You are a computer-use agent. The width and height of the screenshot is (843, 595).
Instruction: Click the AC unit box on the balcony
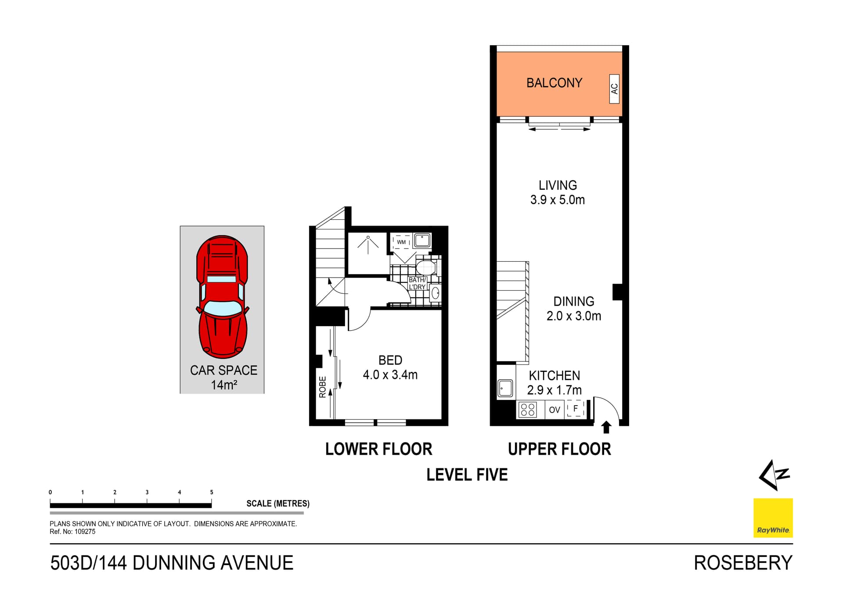click(x=614, y=89)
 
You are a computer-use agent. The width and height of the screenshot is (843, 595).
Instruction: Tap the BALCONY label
click(x=554, y=83)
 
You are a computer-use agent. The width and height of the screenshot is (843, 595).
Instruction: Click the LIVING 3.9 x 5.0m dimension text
click(x=557, y=200)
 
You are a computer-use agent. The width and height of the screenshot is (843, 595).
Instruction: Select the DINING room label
click(x=573, y=302)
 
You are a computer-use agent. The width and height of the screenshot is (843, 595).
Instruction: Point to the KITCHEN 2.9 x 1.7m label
click(x=554, y=383)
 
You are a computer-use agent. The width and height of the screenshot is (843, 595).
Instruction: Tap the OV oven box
click(x=555, y=410)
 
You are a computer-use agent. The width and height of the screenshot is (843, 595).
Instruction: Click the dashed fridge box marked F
click(x=575, y=409)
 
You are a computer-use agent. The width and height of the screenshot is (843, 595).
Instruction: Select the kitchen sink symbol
click(x=505, y=388)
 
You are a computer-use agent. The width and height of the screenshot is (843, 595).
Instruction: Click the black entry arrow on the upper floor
click(x=606, y=427)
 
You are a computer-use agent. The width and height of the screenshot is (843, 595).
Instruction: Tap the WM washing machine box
click(x=401, y=242)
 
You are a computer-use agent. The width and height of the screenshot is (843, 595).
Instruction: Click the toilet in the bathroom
click(x=425, y=267)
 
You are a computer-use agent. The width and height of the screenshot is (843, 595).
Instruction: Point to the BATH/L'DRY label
click(x=417, y=283)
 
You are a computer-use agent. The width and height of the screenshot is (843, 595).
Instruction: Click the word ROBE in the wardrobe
click(x=323, y=387)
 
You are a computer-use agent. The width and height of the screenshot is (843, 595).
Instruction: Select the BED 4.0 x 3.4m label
click(x=390, y=367)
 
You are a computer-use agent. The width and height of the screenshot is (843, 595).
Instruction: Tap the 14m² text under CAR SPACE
click(x=224, y=385)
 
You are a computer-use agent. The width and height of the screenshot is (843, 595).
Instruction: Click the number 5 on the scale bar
click(x=212, y=492)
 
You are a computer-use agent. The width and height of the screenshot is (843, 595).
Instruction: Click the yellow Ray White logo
click(x=773, y=517)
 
